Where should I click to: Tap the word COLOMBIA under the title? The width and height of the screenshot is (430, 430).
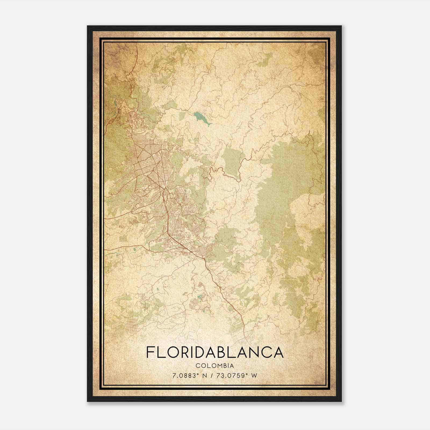[x=215, y=366]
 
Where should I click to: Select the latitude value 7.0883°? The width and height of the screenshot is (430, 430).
[x=184, y=375]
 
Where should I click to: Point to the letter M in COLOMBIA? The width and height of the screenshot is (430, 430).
[x=218, y=366]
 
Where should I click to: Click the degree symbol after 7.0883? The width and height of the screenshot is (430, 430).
[x=196, y=374]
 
